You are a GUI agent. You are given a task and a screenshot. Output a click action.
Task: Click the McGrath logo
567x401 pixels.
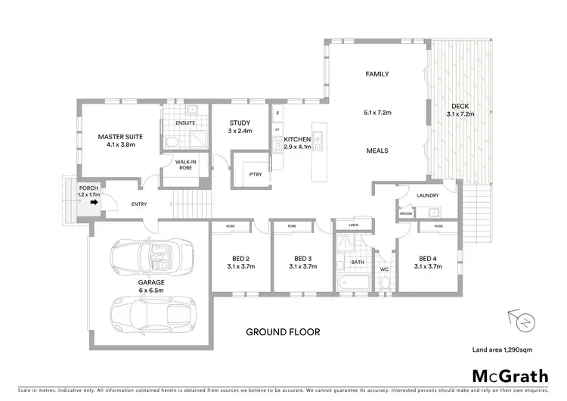coord(511,376)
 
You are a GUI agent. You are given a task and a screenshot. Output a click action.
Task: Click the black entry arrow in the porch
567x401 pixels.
coord(94,203)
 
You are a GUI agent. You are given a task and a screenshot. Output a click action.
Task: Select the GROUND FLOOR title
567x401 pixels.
coord(283,331)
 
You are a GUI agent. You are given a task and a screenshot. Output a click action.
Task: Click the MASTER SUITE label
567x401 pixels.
coord(121,137)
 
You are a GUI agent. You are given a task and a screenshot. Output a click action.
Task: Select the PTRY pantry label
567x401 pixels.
coord(254,173)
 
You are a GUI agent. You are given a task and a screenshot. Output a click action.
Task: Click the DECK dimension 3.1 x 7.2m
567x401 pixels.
coord(460,113)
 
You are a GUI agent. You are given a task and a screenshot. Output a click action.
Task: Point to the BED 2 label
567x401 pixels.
coord(239,257)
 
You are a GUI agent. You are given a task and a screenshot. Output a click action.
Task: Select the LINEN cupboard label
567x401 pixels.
coord(353,225)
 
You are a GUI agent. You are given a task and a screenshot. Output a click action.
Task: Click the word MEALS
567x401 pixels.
coord(376,150)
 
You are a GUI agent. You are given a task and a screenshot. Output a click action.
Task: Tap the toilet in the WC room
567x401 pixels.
coord(384,283)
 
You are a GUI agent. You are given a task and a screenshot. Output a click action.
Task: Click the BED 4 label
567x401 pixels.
coord(428,257)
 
